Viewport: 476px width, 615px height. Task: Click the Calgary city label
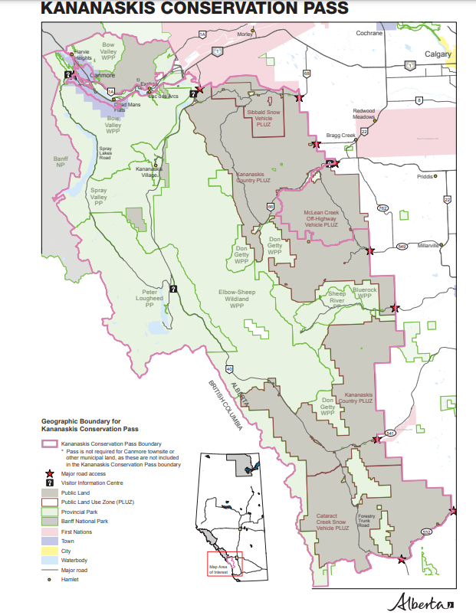pyautogui.click(x=438, y=54)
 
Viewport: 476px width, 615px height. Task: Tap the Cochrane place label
pyautogui.click(x=369, y=34)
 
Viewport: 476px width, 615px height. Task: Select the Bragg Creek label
pyautogui.click(x=342, y=136)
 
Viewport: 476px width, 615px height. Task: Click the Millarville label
pyautogui.click(x=427, y=246)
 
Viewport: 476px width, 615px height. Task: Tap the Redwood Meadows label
pyautogui.click(x=364, y=114)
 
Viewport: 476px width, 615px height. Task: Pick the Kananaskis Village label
pyautogui.click(x=148, y=172)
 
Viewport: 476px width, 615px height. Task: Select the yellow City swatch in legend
pyautogui.click(x=50, y=550)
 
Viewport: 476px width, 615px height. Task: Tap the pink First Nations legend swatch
pyautogui.click(x=50, y=530)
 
